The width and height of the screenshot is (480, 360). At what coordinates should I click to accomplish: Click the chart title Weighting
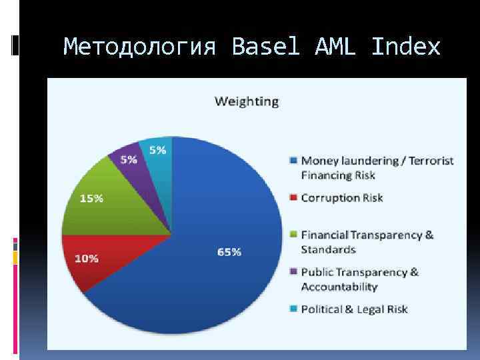click(246, 101)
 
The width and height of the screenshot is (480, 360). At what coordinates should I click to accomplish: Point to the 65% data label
click(229, 251)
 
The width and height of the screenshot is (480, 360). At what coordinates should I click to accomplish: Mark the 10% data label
click(86, 258)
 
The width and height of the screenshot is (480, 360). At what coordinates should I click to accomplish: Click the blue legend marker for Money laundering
click(294, 161)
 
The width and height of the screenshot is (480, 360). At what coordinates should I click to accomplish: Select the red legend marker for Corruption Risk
click(294, 198)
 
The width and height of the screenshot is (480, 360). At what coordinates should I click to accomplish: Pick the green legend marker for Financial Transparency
click(294, 235)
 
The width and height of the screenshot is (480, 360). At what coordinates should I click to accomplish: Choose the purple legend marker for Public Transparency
click(294, 272)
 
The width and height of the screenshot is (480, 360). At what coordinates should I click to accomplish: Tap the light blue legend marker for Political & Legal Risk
click(294, 309)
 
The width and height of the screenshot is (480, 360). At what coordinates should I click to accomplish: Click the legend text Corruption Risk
click(342, 198)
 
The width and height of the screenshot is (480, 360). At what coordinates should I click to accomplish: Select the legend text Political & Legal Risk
click(354, 309)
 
